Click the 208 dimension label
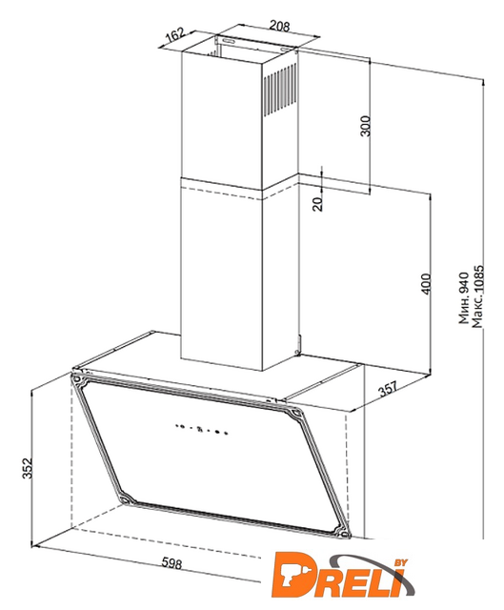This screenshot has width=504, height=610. pyautogui.click(x=279, y=26)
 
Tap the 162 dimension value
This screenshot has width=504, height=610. pyautogui.click(x=175, y=36)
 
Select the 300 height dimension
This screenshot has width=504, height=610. pyautogui.click(x=366, y=125)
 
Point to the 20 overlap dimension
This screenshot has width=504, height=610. pyautogui.click(x=317, y=203)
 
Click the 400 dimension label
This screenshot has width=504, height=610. pyautogui.click(x=426, y=284)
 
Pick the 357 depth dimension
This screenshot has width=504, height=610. pyautogui.click(x=389, y=388)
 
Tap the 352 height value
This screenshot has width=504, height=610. pyautogui.click(x=27, y=468)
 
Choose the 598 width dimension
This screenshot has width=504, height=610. pyautogui.click(x=171, y=562)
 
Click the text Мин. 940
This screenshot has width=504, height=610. pyautogui.click(x=464, y=297)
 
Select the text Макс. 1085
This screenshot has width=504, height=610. pyautogui.click(x=477, y=296)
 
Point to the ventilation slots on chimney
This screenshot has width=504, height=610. pyautogui.click(x=280, y=90)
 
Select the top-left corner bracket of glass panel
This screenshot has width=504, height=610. pyautogui.click(x=77, y=377)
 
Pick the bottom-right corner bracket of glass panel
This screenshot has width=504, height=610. pyautogui.click(x=341, y=532)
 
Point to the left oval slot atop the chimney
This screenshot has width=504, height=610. pyautogui.click(x=229, y=41)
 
